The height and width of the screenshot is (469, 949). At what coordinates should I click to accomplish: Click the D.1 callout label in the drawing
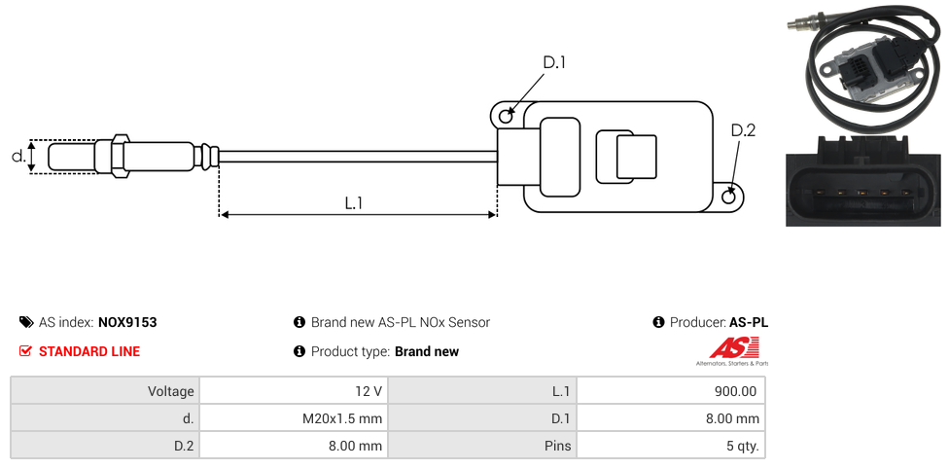(553, 62)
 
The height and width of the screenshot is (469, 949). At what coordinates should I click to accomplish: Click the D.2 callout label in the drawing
(743, 130)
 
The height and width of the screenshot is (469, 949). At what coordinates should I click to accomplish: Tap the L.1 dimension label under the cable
(354, 202)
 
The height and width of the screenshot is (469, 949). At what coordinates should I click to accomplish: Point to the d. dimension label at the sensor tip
(18, 156)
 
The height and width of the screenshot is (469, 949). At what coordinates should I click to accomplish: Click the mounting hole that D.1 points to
(506, 117)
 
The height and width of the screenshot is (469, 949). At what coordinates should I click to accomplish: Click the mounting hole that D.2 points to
(730, 198)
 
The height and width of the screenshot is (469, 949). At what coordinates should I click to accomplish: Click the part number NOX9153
(127, 322)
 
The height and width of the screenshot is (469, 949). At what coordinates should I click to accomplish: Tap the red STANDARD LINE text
(89, 351)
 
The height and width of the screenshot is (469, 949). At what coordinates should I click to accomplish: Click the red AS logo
(726, 347)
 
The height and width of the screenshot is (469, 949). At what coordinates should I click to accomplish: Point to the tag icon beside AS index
(26, 322)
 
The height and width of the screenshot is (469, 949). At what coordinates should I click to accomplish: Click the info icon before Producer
(658, 322)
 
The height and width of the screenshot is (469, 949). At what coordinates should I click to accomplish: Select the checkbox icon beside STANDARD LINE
(26, 351)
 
